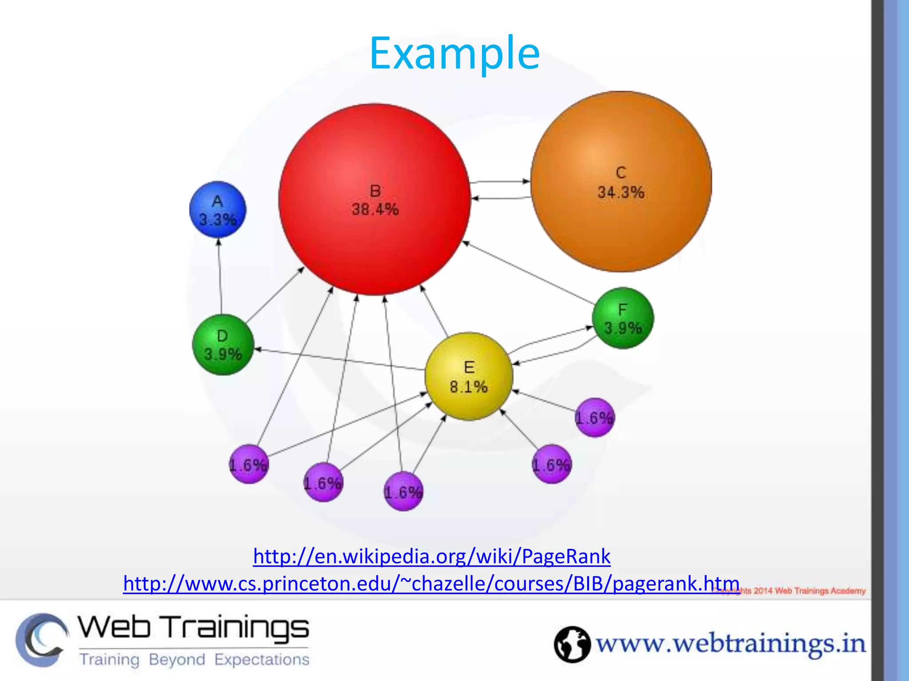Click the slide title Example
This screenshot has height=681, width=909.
(x=454, y=54)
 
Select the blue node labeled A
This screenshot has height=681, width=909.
(x=217, y=209)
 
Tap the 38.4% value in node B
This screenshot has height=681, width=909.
(x=375, y=209)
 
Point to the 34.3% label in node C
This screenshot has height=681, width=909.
(x=620, y=192)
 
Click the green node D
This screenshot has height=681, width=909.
(x=223, y=345)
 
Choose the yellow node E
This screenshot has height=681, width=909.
(x=469, y=376)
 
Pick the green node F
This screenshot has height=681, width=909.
(x=623, y=318)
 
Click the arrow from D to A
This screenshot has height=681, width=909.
(x=220, y=277)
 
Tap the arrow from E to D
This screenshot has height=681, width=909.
(x=340, y=360)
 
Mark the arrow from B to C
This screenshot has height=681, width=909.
(x=500, y=181)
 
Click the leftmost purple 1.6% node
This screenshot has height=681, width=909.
(x=249, y=464)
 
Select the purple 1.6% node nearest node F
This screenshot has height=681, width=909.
(x=595, y=417)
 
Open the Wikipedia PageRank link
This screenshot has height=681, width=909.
(x=431, y=556)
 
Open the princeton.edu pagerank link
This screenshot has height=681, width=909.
(x=431, y=583)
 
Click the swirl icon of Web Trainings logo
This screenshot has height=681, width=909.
(x=42, y=640)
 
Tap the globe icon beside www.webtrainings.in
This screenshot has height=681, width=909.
(x=572, y=644)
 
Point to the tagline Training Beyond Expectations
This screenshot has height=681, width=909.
(x=194, y=659)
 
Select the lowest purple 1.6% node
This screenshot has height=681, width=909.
(x=403, y=492)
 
